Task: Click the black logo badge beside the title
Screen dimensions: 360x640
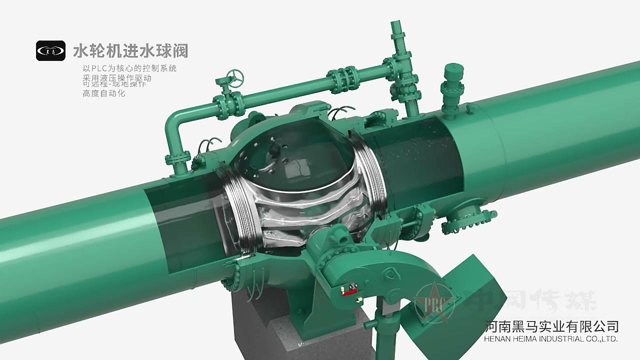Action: click(50, 50)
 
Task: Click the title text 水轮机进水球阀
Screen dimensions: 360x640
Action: click(130, 51)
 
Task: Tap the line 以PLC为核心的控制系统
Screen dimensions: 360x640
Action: click(129, 68)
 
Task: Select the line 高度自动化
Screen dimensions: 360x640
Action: click(103, 93)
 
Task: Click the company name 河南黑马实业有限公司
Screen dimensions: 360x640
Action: click(552, 326)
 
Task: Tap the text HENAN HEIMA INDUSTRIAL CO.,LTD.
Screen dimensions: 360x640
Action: click(552, 339)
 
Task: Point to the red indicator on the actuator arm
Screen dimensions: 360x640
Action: click(349, 289)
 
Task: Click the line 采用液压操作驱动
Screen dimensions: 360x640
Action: click(116, 78)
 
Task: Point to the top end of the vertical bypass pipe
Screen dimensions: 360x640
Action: click(396, 25)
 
